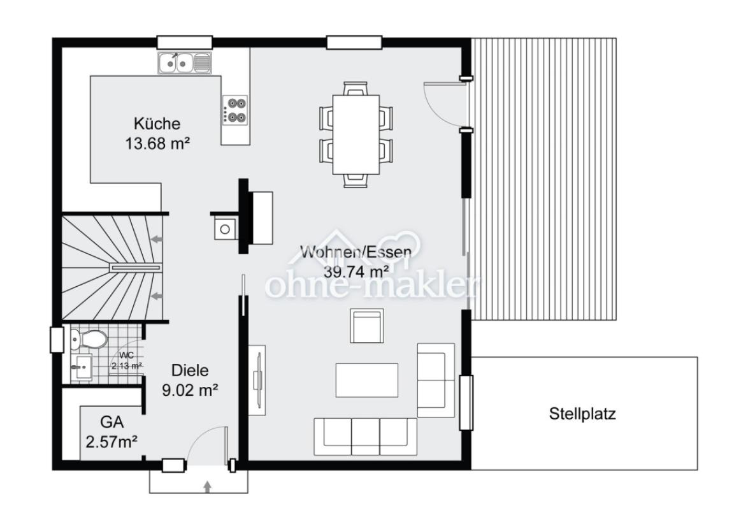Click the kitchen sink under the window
[184, 62]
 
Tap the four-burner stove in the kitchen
[234, 110]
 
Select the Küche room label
[157, 124]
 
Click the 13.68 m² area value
[157, 143]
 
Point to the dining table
[356, 134]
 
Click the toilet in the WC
[89, 339]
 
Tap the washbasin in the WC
[82, 368]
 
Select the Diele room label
[190, 370]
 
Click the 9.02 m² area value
[190, 390]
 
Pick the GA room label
[112, 422]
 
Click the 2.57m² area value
[112, 442]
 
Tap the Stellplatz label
[582, 414]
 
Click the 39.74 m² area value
[356, 272]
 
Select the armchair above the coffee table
[367, 325]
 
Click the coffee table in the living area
[367, 380]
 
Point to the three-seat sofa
[365, 437]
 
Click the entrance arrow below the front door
[207, 486]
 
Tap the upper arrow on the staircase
[156, 238]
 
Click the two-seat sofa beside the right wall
[436, 380]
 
